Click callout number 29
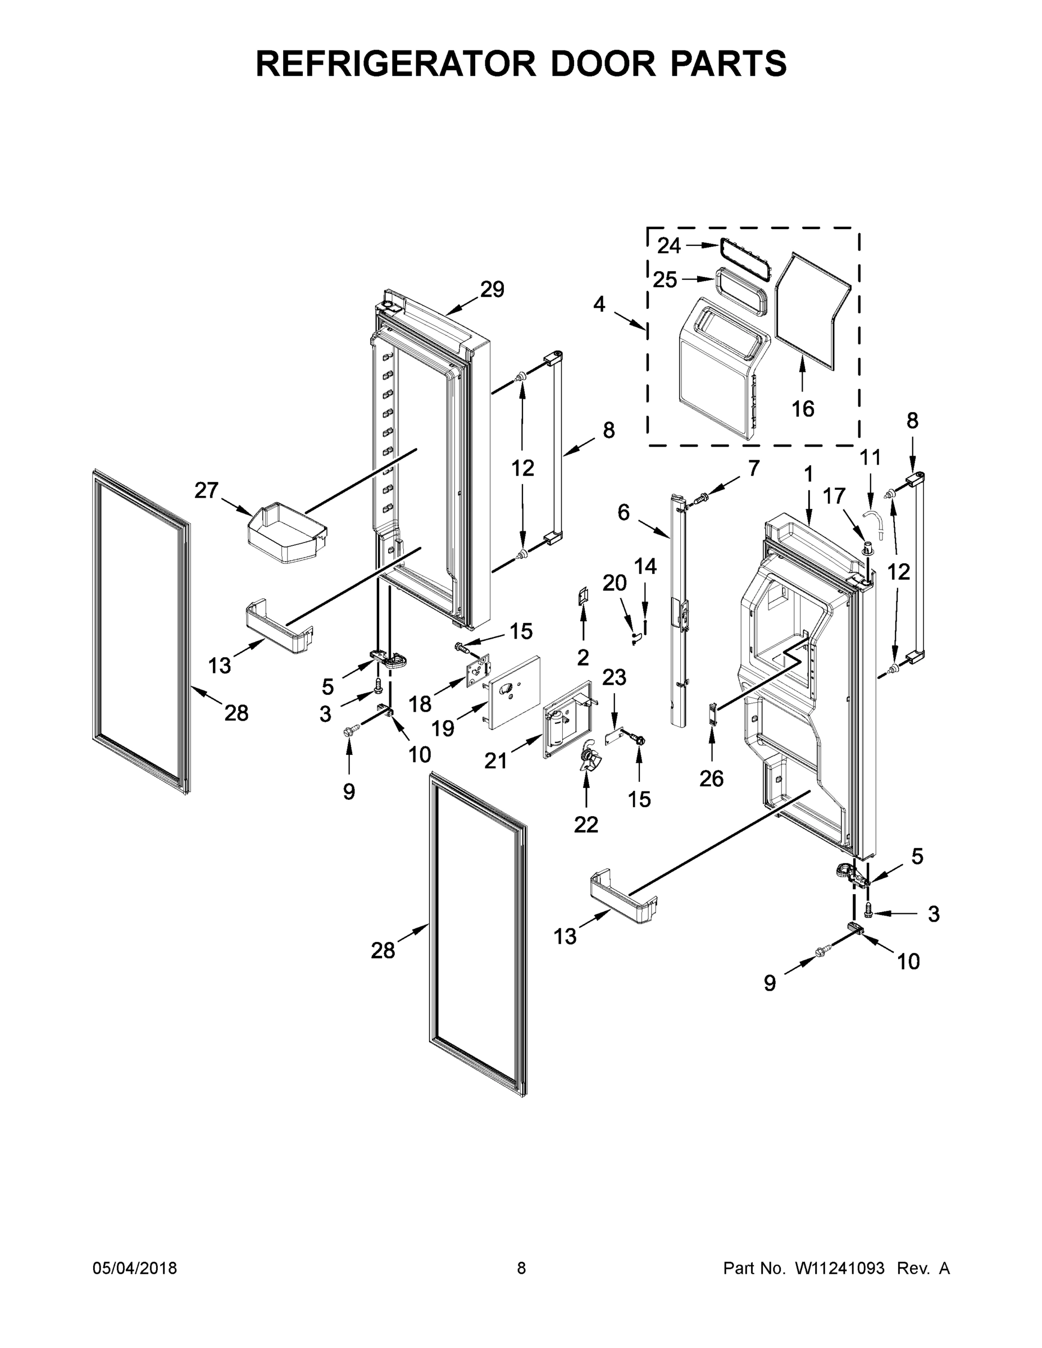tap(493, 289)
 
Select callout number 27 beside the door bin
tap(206, 491)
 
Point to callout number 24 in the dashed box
tap(668, 245)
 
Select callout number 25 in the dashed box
tap(665, 280)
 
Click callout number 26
tap(711, 778)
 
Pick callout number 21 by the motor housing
tap(495, 761)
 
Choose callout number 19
tap(443, 729)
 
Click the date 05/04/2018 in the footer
tap(135, 1268)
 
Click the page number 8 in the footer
tap(521, 1268)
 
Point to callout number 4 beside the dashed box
tap(599, 304)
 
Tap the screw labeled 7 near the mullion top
tap(703, 495)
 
